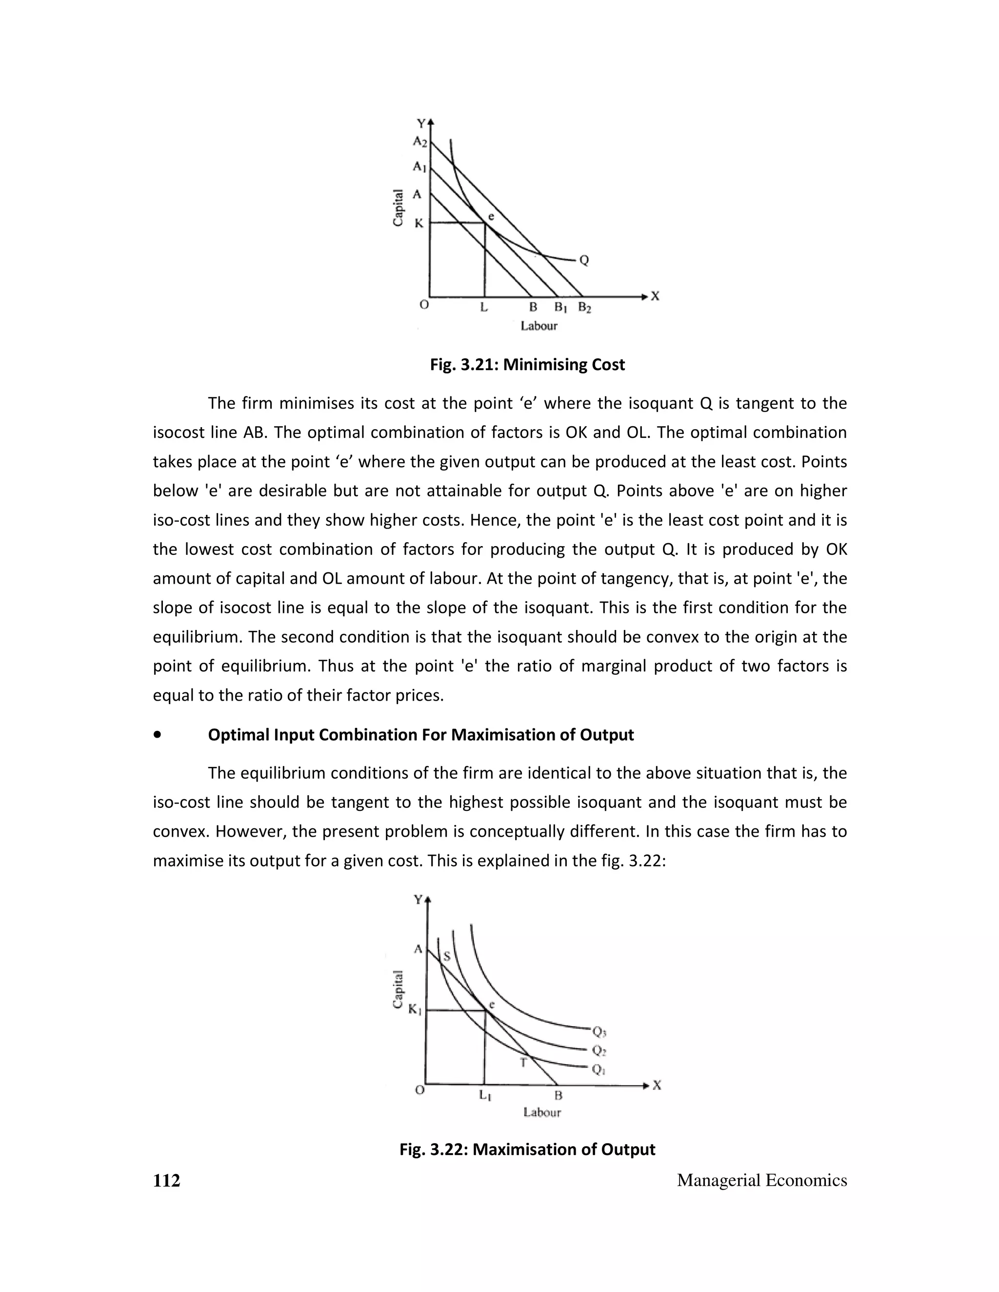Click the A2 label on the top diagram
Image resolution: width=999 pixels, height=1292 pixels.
(x=420, y=142)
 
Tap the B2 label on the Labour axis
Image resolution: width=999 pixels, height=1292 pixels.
(x=584, y=308)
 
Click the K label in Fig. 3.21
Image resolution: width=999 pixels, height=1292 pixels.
(x=419, y=223)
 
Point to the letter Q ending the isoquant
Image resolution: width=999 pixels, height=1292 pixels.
(x=584, y=260)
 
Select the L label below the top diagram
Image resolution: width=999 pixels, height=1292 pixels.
(x=483, y=308)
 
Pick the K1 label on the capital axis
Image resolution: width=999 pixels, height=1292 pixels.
(x=414, y=1010)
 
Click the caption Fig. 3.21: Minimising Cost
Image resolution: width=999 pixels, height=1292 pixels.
(x=527, y=364)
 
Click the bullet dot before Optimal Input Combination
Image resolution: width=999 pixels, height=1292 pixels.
(x=157, y=735)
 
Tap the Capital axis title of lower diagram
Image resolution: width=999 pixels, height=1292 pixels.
(x=399, y=989)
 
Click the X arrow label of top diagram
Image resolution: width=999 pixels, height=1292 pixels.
(x=655, y=296)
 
